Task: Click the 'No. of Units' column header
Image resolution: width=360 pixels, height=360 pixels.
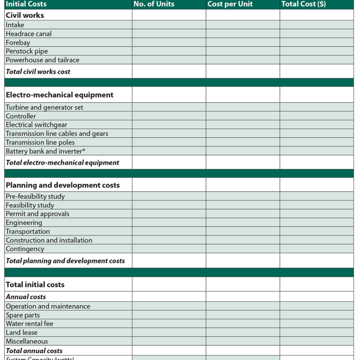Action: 154,4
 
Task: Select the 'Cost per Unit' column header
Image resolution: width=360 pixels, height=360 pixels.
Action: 230,4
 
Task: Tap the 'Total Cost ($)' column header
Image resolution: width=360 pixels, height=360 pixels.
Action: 303,4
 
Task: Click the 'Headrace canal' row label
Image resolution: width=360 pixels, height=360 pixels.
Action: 28,34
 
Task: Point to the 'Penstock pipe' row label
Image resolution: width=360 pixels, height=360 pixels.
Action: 27,51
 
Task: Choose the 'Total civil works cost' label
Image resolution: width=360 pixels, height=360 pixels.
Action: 38,71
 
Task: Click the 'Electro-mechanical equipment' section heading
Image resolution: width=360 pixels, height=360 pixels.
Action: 59,95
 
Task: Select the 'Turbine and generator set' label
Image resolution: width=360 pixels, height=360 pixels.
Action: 44,107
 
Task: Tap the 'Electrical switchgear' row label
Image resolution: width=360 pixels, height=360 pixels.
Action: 36,125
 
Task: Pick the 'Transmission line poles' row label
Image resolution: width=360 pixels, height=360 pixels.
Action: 40,142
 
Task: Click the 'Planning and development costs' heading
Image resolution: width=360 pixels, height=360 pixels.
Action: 63,185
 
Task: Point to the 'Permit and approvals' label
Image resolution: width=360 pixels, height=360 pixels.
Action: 37,214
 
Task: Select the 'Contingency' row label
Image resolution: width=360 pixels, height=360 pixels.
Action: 25,249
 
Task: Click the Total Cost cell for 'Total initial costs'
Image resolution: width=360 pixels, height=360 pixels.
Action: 316,284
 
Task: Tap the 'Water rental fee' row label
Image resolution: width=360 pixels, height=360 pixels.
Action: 30,324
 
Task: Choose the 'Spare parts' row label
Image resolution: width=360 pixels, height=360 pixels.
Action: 23,315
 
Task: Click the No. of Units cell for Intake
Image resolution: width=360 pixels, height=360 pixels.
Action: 169,25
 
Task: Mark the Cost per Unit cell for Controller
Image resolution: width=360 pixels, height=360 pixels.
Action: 243,116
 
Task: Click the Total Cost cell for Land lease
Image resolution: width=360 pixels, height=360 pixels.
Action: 316,332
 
